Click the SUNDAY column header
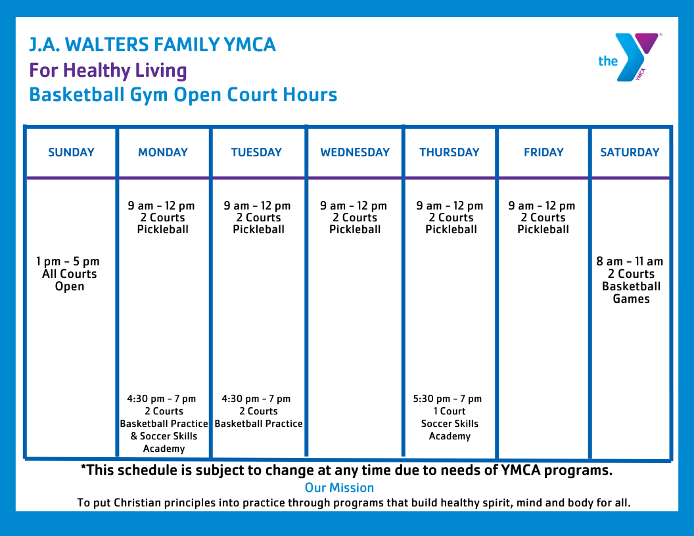71,152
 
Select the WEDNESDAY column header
355,152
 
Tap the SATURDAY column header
630,152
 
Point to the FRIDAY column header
544,152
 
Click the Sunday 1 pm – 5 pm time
68,261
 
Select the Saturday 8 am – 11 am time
630,261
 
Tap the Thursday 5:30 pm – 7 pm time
448,399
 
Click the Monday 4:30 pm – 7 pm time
162,399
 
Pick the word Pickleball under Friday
543,230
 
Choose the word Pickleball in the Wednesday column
355,230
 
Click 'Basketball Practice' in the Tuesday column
259,424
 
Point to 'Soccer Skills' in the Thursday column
450,424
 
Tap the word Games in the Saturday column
631,299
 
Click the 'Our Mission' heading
339,487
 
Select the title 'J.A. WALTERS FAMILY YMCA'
152,45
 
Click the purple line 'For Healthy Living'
108,70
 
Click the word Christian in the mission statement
139,503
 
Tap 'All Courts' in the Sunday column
69,274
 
